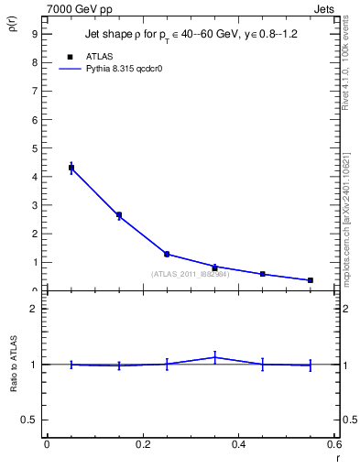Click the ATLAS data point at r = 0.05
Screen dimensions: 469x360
tap(71, 168)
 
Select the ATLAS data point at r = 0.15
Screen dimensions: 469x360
tap(119, 215)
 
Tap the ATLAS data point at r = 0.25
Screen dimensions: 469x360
tap(167, 254)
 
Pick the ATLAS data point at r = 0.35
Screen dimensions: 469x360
tap(214, 267)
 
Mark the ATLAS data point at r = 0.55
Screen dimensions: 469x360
tap(311, 280)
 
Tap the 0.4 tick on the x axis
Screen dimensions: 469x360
tap(239, 444)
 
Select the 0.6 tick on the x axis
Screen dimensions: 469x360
tap(334, 444)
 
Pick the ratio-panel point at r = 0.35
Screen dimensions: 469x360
tap(214, 357)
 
